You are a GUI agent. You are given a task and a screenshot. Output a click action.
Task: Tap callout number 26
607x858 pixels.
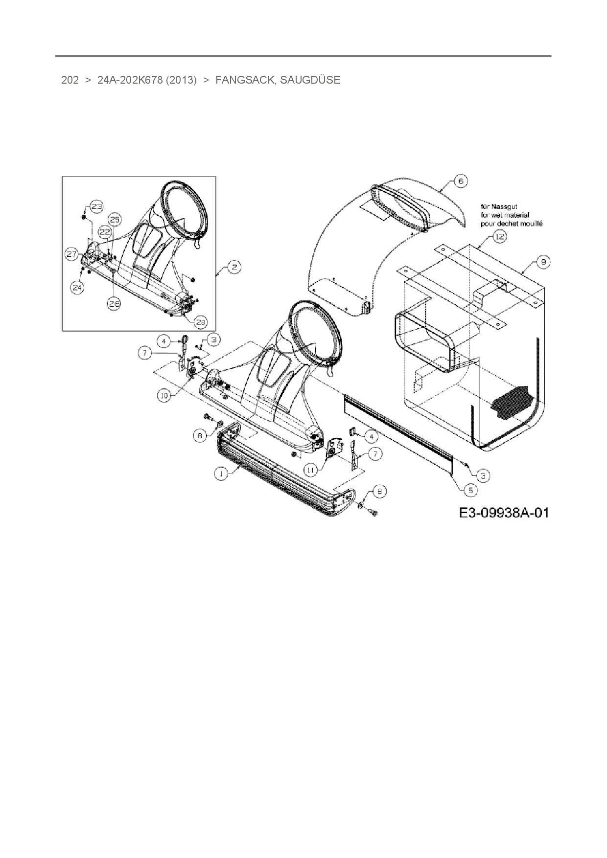point(114,303)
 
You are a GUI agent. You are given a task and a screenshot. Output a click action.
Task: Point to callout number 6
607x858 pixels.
point(461,181)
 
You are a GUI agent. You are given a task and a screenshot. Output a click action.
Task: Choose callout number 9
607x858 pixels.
point(542,263)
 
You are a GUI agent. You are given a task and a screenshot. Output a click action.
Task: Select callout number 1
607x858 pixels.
point(221,473)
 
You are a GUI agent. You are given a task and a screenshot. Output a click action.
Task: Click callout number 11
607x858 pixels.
point(312,469)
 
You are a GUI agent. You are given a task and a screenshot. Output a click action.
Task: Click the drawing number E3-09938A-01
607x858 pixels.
point(504,512)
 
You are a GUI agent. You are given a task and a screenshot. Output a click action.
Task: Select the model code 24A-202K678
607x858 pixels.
point(130,80)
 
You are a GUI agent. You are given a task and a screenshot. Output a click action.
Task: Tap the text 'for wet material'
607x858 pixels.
point(504,215)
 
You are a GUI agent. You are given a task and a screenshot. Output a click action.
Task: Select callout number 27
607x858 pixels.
point(72,254)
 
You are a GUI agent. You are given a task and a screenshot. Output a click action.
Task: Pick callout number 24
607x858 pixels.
point(76,288)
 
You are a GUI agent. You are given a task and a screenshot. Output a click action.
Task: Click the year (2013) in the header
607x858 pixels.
point(181,80)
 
